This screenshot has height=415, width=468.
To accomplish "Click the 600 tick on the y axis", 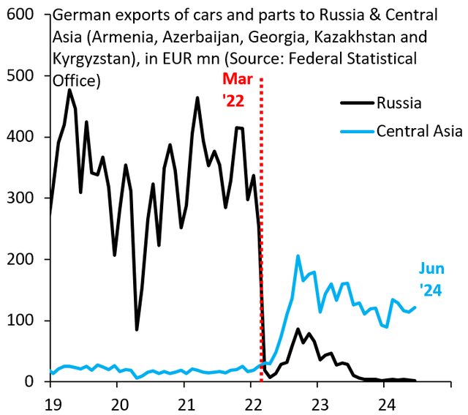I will tap(22, 14).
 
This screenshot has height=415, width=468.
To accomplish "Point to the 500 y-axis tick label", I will tap(22, 75).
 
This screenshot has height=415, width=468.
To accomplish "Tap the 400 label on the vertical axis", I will tap(22, 137).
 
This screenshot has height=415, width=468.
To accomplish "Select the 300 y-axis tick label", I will tap(22, 198).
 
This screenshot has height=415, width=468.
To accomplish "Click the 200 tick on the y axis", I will tap(22, 260).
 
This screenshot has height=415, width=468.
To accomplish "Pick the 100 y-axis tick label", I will tap(22, 321).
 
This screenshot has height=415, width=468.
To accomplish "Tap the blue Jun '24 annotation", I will tap(430, 279).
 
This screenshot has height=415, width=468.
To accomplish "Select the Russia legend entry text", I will tap(399, 103).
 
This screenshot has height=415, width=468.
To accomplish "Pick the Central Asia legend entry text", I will tap(419, 131).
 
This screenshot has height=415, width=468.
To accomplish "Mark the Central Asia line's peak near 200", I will tap(298, 256).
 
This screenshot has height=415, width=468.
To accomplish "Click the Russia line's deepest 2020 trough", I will tap(137, 329).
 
